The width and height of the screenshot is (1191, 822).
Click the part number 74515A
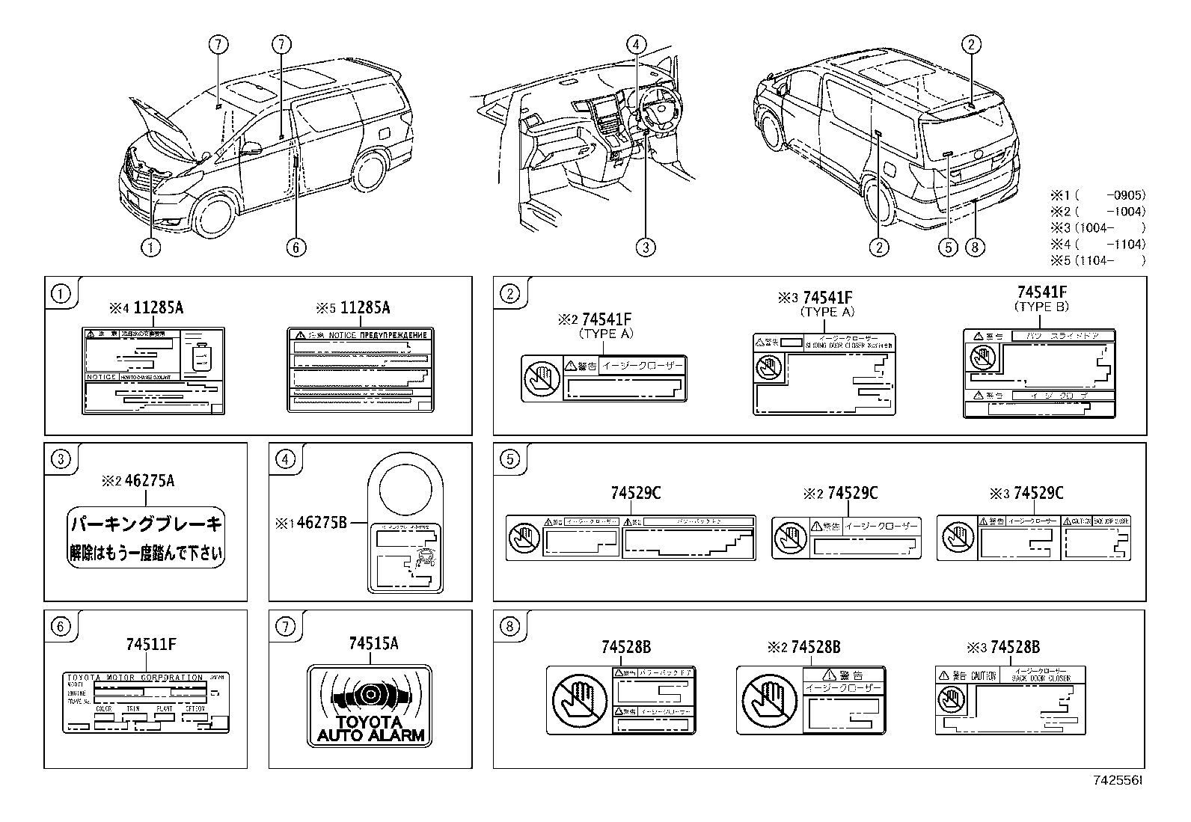[373, 643]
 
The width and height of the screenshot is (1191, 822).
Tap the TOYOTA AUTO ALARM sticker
[370, 705]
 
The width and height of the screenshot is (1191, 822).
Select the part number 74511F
[151, 643]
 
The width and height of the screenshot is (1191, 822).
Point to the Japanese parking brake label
[146, 539]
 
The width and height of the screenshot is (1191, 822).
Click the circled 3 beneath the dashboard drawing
[646, 247]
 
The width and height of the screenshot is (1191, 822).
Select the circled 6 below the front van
[296, 247]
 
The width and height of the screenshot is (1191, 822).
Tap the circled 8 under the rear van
[974, 247]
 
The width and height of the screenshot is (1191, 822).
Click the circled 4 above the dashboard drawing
[636, 44]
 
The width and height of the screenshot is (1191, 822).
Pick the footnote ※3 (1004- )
[1097, 227]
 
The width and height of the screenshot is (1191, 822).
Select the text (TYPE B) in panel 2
[1041, 307]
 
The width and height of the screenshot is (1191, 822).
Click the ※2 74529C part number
[840, 493]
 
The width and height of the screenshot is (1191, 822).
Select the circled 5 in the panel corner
[509, 458]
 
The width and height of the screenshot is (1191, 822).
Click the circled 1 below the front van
[151, 247]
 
